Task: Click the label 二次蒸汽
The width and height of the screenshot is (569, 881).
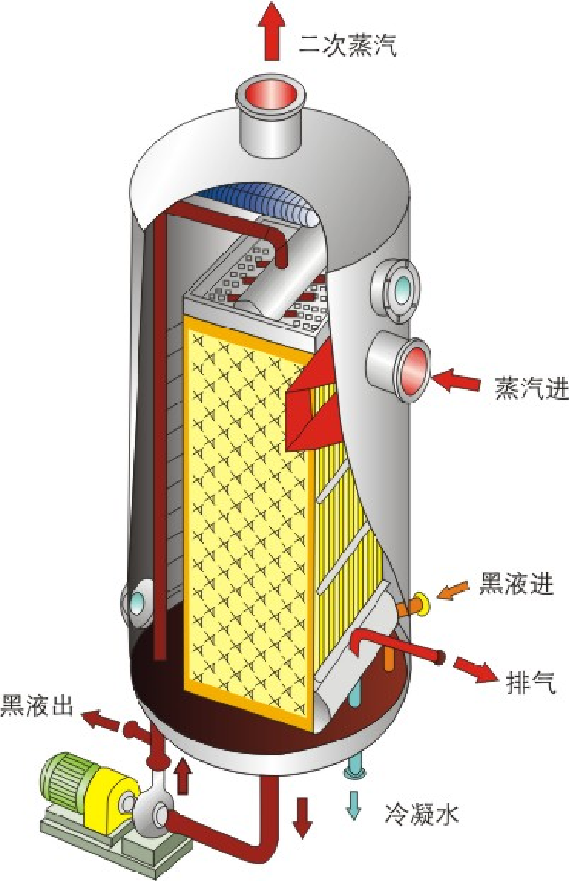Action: [x=344, y=45]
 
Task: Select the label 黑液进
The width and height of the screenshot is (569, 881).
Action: [x=523, y=582]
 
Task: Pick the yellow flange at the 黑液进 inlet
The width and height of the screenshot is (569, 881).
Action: [x=420, y=604]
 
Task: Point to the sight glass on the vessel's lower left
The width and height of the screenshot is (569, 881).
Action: [x=135, y=603]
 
